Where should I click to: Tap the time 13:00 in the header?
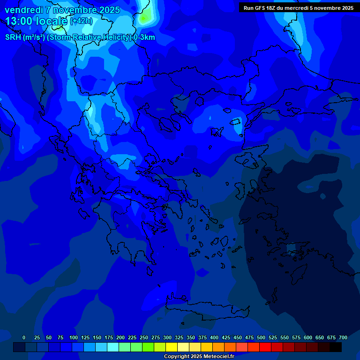19,21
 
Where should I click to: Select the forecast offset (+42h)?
81,21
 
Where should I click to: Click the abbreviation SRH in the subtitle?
14,37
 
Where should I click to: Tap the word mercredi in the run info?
296,8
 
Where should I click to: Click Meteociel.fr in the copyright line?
218,356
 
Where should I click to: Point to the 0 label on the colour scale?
24,337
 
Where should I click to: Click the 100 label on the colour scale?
74,337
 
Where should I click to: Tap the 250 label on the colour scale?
144,337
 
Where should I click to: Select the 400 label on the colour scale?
214,337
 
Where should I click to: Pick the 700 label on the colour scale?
343,337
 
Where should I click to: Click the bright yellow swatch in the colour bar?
171,347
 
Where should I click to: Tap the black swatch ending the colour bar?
335,347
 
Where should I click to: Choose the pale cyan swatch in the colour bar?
112,347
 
